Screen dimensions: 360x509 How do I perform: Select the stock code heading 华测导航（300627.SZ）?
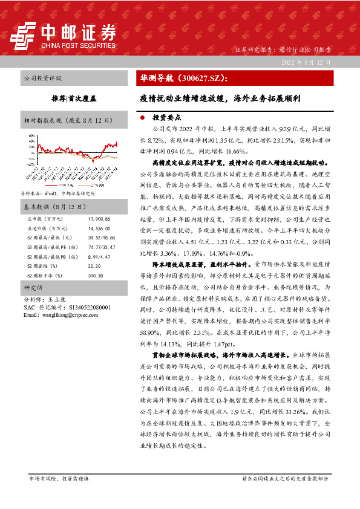(184, 79)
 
